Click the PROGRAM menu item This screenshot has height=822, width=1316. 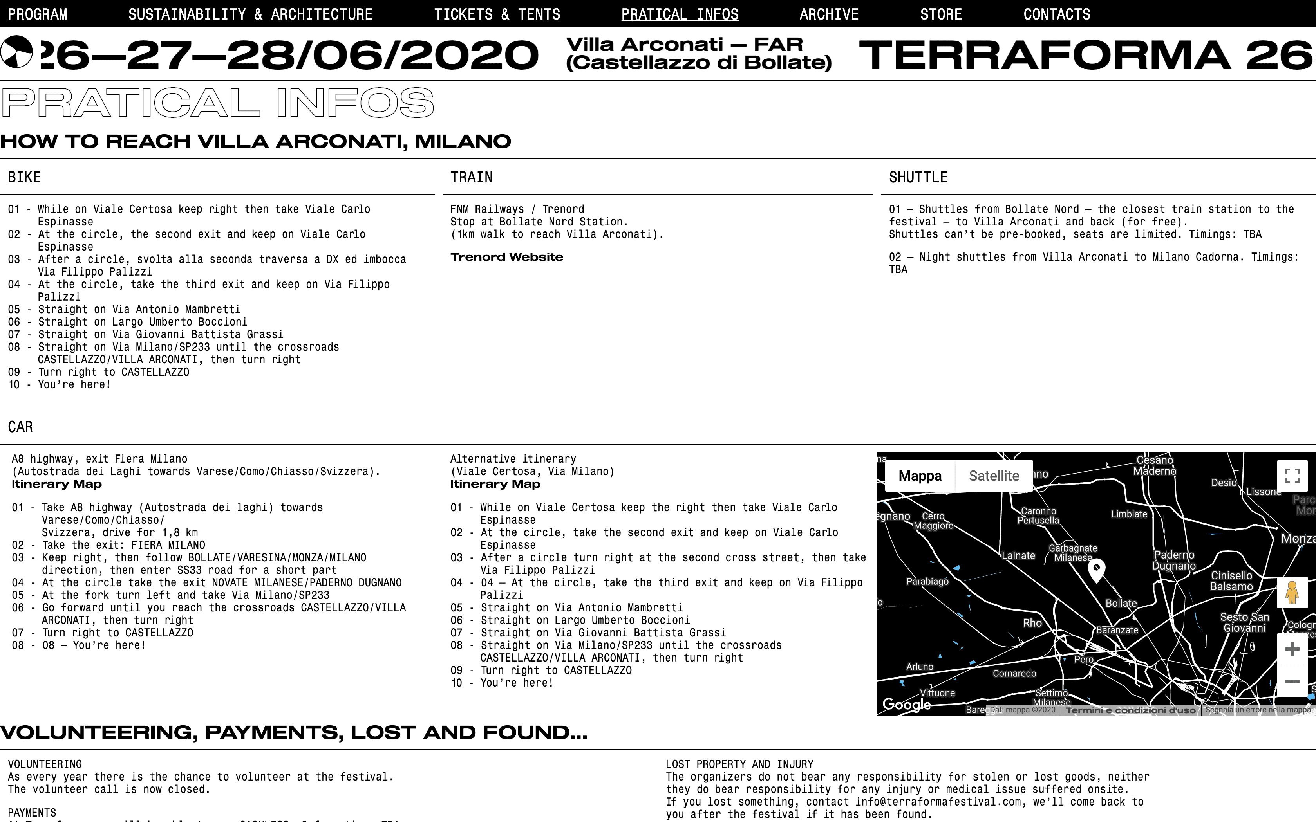coord(38,14)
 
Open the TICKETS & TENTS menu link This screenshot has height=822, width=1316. coord(497,14)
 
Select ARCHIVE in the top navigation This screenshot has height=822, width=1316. coord(829,14)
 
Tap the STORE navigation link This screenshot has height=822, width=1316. coord(941,14)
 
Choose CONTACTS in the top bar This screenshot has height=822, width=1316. coord(1057,14)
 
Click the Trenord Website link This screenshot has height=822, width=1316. coord(506,257)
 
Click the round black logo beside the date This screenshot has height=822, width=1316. coord(16,52)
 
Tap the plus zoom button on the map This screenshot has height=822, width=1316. coord(1292,649)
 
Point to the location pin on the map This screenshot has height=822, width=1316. coord(1096,569)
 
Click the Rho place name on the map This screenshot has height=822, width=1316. coord(1032,623)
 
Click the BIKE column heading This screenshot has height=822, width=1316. coord(24,177)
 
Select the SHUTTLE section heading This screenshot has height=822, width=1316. coord(918,177)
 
